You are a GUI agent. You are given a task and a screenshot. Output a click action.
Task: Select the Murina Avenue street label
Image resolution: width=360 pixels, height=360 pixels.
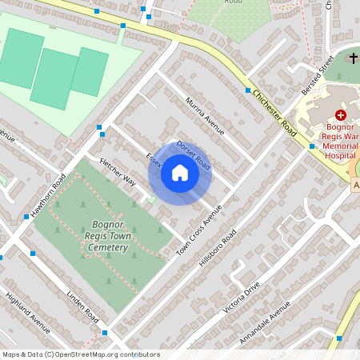(205, 115)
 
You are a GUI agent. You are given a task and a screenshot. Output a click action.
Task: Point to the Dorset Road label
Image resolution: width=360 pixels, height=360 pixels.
(193, 155)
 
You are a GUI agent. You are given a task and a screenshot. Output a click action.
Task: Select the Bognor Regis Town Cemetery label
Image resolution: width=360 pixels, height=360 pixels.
(106, 236)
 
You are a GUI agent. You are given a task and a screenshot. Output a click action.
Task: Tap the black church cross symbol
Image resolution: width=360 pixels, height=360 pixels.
(354, 58)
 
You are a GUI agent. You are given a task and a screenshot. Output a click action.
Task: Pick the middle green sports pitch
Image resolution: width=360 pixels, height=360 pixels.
(54, 78)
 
